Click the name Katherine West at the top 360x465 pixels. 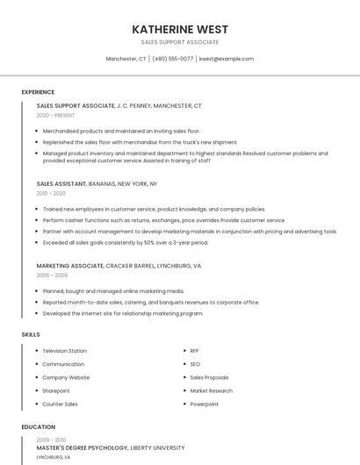180,29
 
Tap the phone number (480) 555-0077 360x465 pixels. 173,59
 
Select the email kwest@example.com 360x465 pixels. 227,59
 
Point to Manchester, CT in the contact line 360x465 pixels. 126,59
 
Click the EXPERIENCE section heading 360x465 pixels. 38,92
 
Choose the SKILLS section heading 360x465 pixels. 31,334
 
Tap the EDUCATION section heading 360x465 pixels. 38,427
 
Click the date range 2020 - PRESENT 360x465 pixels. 55,115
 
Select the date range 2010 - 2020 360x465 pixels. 51,193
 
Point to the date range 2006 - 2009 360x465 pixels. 52,275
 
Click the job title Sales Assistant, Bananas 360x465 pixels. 97,184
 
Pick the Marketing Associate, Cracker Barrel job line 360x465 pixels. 119,265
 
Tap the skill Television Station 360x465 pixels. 65,351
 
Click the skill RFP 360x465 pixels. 195,351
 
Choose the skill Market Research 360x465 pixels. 211,390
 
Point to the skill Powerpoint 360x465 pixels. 205,404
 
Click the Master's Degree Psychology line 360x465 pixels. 111,447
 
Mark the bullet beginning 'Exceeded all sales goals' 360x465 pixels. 126,242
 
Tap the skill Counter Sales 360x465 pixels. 60,404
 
